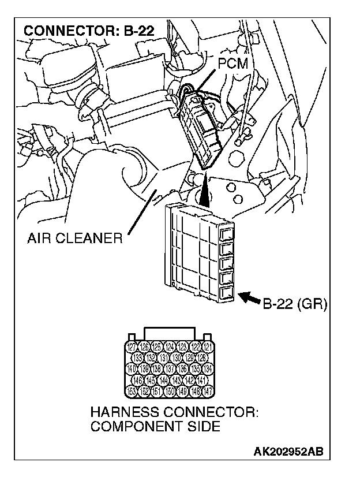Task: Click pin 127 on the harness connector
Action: click(131, 347)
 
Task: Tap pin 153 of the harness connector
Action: click(131, 391)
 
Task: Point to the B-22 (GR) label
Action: click(294, 304)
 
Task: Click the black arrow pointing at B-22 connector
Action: click(249, 298)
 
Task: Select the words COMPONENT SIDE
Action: click(155, 427)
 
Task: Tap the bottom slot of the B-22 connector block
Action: click(227, 292)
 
